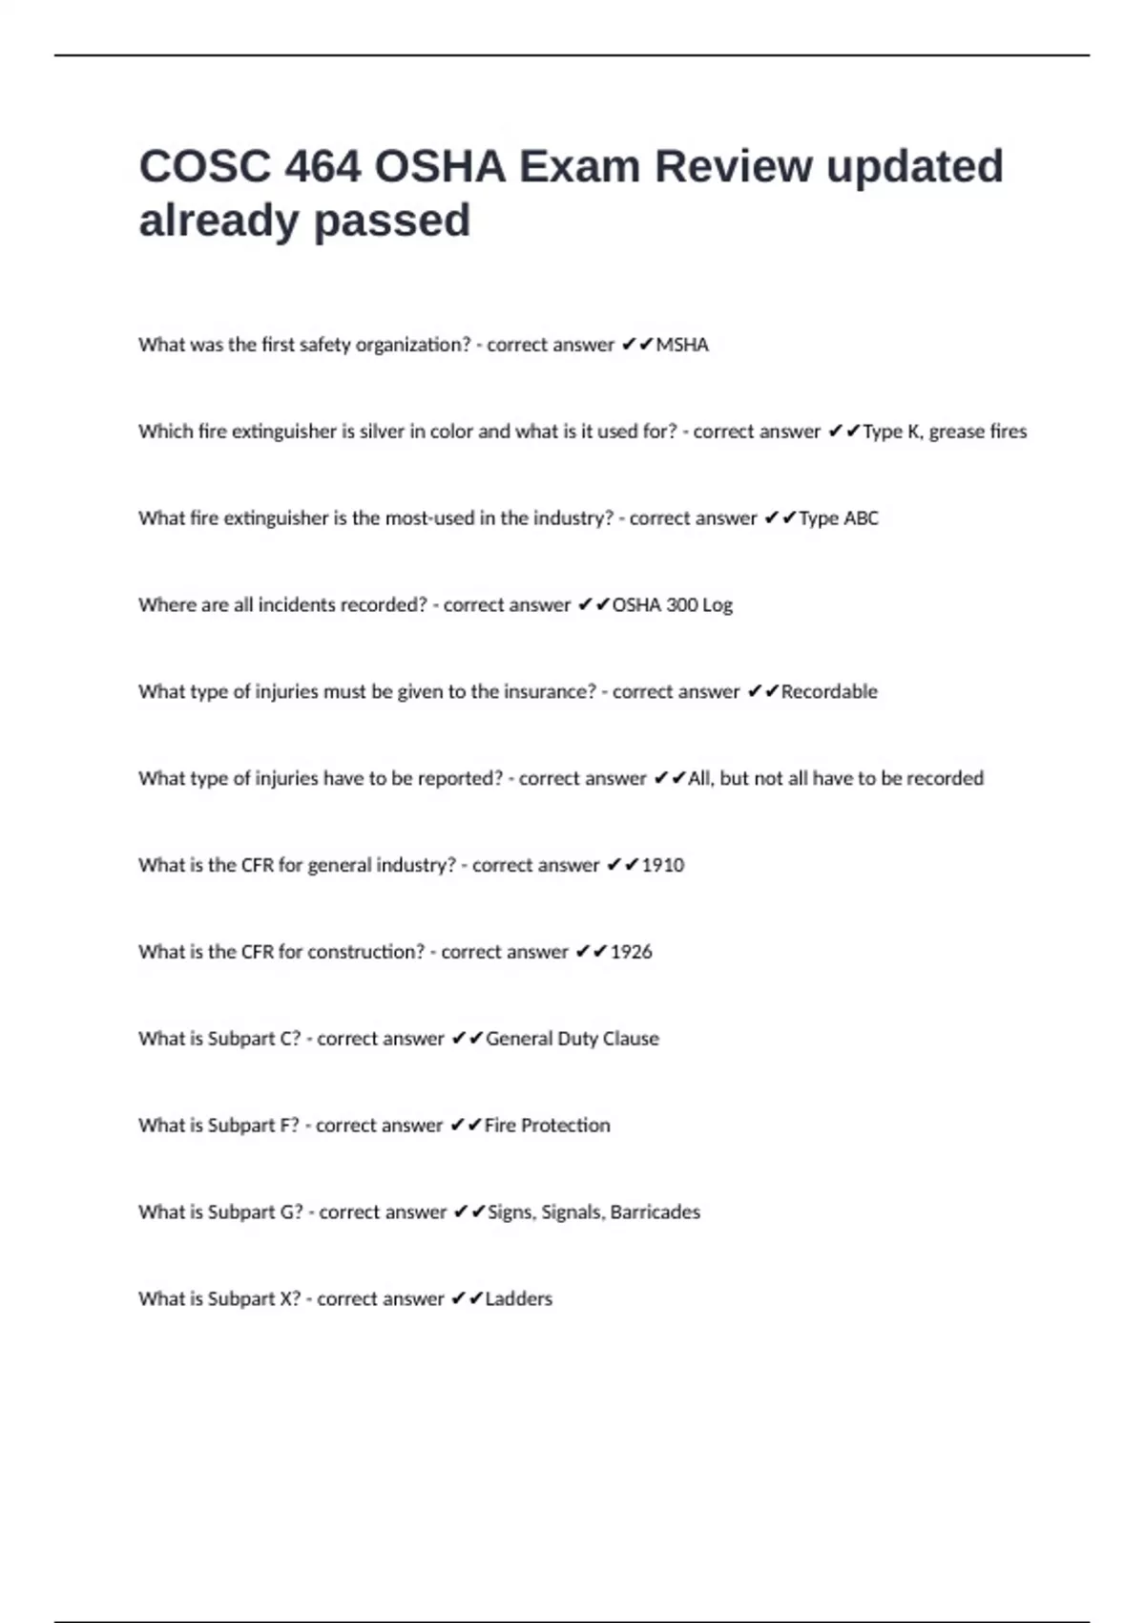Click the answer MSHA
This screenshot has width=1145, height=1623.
(681, 345)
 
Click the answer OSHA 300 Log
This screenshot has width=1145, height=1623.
(672, 605)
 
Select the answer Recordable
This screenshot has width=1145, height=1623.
(828, 692)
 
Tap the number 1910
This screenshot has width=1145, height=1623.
(662, 865)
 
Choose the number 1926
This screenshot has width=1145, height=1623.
(631, 952)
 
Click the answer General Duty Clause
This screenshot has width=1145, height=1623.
(572, 1039)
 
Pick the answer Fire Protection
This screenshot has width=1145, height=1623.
(547, 1126)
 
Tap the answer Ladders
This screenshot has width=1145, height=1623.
(518, 1299)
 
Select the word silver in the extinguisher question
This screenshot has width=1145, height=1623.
(382, 432)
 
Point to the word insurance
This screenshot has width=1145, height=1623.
(551, 692)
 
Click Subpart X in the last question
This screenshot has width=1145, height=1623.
(254, 1299)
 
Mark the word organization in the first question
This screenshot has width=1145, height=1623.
(413, 345)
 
